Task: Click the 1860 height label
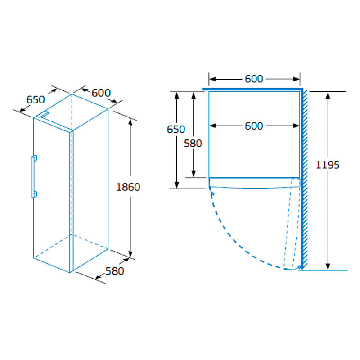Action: (x=128, y=187)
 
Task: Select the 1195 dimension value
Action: (x=327, y=165)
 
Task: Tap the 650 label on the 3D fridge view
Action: (x=36, y=99)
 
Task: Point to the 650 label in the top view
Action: (x=176, y=129)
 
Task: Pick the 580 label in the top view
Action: (x=193, y=144)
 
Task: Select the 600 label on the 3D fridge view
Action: (x=101, y=93)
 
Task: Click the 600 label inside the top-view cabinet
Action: (x=254, y=126)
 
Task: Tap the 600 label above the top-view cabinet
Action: (x=254, y=79)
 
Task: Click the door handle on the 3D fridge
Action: (x=34, y=176)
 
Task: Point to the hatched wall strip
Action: (x=305, y=180)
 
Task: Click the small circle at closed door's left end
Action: (x=212, y=194)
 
